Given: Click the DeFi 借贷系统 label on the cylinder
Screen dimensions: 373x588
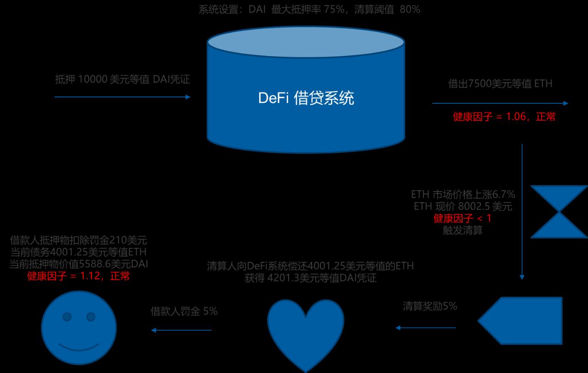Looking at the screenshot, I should (306, 98).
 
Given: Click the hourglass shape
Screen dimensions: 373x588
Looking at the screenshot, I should (559, 212).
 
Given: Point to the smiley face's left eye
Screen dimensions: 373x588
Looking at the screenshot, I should (67, 316).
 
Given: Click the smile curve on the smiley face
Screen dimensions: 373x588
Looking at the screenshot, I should (79, 345).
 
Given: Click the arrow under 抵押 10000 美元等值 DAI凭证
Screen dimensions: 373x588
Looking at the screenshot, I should (122, 97).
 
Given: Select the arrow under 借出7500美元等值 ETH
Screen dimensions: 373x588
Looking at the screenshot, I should (500, 103).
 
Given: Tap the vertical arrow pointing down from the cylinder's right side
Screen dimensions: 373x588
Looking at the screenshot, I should (522, 211).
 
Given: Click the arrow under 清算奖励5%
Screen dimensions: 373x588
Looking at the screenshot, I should (425, 328).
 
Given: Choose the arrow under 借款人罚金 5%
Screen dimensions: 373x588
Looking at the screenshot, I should (181, 330).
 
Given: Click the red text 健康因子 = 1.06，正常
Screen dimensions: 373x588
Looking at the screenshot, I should (504, 117).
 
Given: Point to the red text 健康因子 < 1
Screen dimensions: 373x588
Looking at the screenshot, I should (463, 218).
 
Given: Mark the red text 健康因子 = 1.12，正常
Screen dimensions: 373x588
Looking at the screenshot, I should (78, 276).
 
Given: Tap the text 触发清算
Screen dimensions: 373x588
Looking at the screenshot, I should (463, 230).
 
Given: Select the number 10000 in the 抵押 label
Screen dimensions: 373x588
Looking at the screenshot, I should (92, 79).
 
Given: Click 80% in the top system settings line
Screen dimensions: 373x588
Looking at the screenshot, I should (410, 9).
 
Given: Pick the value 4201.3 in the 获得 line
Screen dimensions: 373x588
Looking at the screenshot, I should (283, 278).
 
